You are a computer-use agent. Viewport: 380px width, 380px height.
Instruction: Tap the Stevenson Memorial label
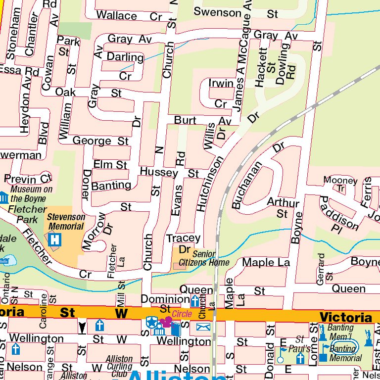point(66,222)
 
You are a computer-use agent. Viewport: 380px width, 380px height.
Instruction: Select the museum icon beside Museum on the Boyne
point(4,198)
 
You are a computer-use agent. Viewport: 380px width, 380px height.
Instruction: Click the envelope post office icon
point(203,327)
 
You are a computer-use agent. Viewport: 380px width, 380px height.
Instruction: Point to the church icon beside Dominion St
point(195,300)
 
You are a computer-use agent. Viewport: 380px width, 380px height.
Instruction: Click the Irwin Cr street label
point(221,94)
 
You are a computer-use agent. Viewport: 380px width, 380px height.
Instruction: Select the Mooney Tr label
point(340,184)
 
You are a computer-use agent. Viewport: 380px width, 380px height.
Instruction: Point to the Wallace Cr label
point(129,16)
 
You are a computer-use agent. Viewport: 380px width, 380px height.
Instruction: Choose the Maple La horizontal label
point(266,262)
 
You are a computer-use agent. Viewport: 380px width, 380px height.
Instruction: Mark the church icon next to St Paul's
point(299,358)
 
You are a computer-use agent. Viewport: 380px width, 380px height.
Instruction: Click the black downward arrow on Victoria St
point(82,327)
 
